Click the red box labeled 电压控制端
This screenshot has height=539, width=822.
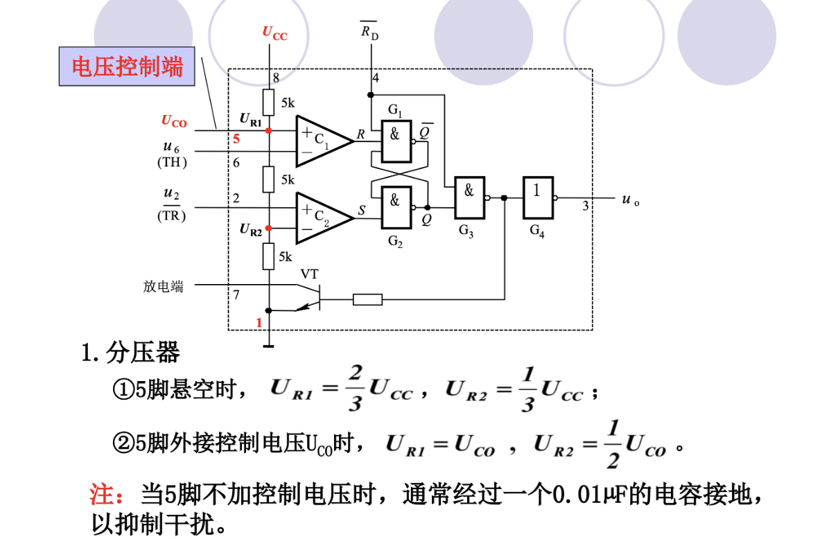coord(127,67)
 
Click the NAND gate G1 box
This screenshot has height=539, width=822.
coord(396,141)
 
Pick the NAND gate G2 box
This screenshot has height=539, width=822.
coord(396,207)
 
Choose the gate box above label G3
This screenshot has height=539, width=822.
coord(469,197)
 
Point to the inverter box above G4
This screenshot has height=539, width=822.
coord(538,197)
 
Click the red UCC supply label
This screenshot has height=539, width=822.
coord(274,33)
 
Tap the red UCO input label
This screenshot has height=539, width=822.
coord(174,121)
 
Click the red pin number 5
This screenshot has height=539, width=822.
coord(236,139)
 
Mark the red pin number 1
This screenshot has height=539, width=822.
coord(259,323)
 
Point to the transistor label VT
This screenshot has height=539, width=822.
coord(309,274)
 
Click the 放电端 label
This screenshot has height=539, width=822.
coord(163,286)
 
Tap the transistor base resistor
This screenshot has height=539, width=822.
coord(367,299)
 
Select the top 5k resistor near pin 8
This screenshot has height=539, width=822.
coord(268,102)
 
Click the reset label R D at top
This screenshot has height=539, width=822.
coord(369,31)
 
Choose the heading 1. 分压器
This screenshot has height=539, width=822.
coord(130,352)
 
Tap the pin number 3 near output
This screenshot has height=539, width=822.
coord(586,206)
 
